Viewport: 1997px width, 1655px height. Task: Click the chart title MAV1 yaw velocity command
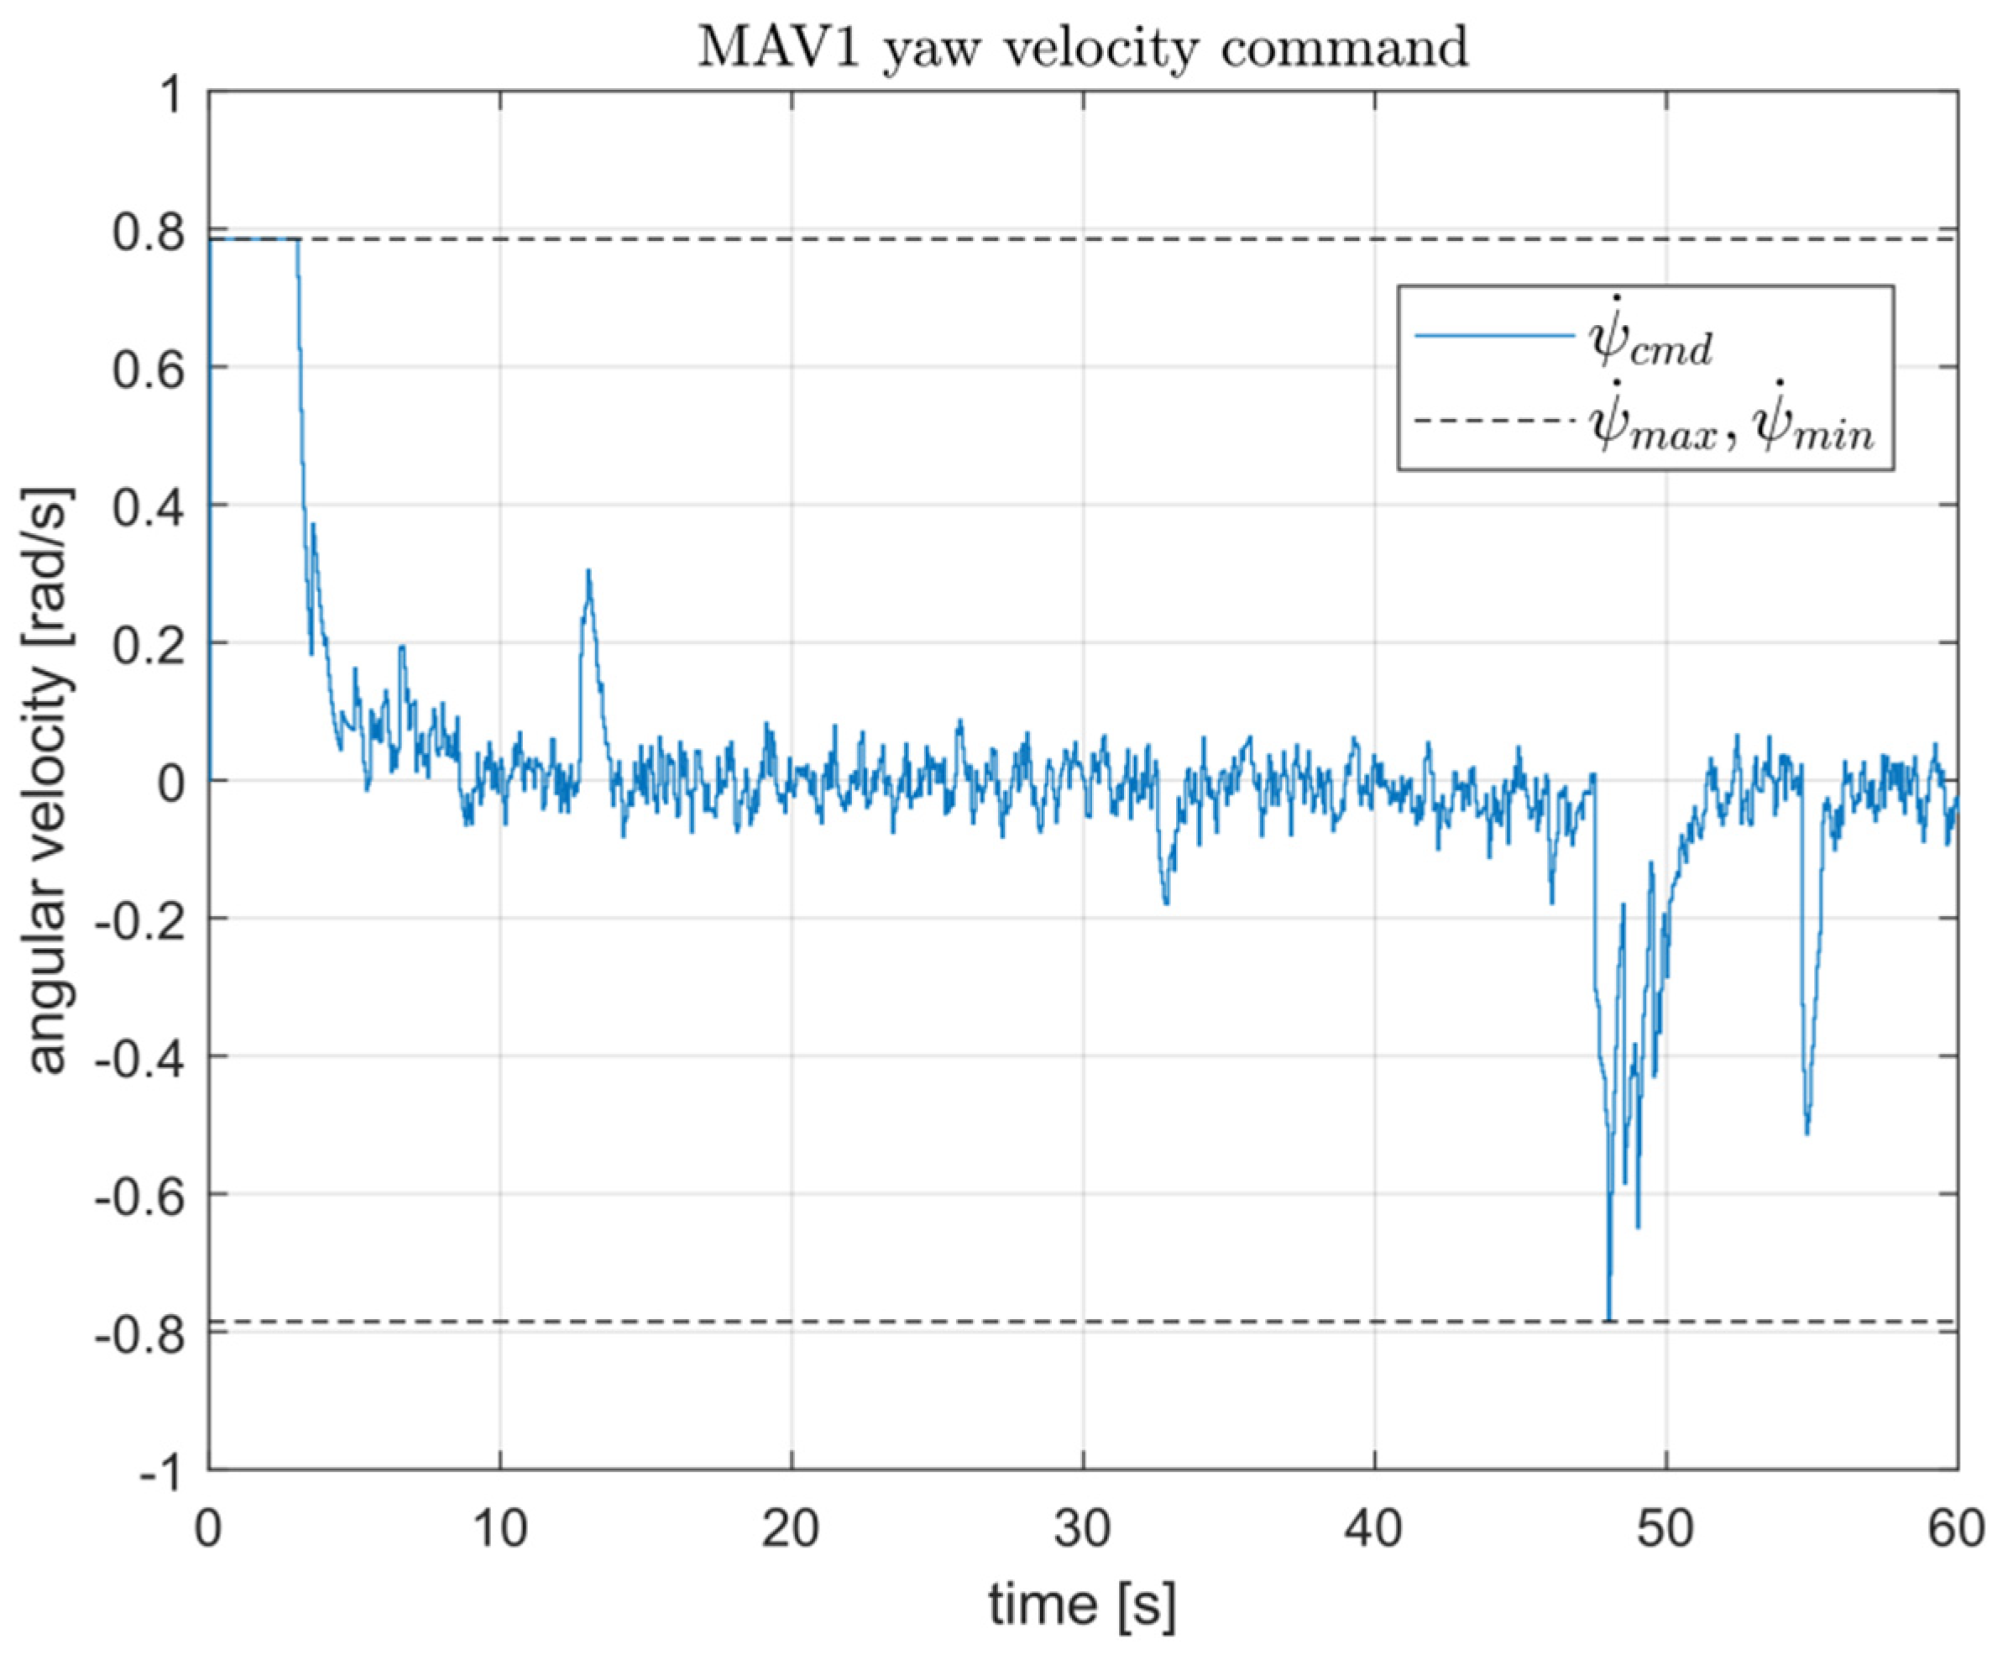tap(1082, 48)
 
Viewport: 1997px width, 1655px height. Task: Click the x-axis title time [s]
tap(1082, 1605)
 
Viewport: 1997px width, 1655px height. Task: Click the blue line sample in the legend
tap(1493, 335)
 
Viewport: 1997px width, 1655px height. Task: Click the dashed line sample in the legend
tap(1493, 421)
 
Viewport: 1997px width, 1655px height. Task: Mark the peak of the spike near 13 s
tap(588, 571)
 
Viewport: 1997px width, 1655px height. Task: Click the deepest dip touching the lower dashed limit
tap(1609, 1318)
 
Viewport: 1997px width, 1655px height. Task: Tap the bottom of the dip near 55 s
tap(1806, 1132)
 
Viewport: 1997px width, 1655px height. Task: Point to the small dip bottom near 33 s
tap(1166, 902)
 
